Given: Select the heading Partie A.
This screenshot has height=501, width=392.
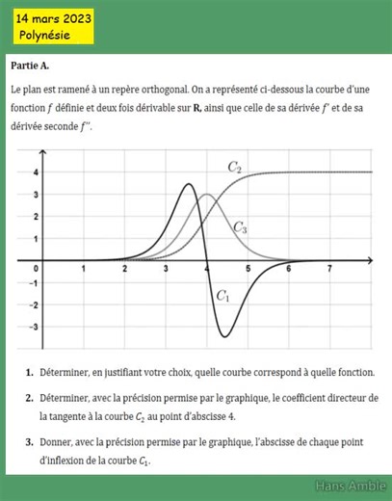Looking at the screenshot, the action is [x=30, y=65].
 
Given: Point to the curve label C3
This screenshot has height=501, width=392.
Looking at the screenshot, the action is [x=240, y=228].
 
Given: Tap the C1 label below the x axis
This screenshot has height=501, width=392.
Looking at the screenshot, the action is [x=222, y=296].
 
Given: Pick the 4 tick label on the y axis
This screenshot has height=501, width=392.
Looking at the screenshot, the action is [x=35, y=172].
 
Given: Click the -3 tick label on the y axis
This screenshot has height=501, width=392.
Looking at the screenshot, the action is [x=34, y=327].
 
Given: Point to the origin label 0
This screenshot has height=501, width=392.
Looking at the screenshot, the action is [x=36, y=267].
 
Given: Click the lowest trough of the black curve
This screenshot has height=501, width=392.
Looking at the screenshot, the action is [x=225, y=336].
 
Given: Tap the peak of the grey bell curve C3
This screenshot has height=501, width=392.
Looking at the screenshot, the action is [x=206, y=196].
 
